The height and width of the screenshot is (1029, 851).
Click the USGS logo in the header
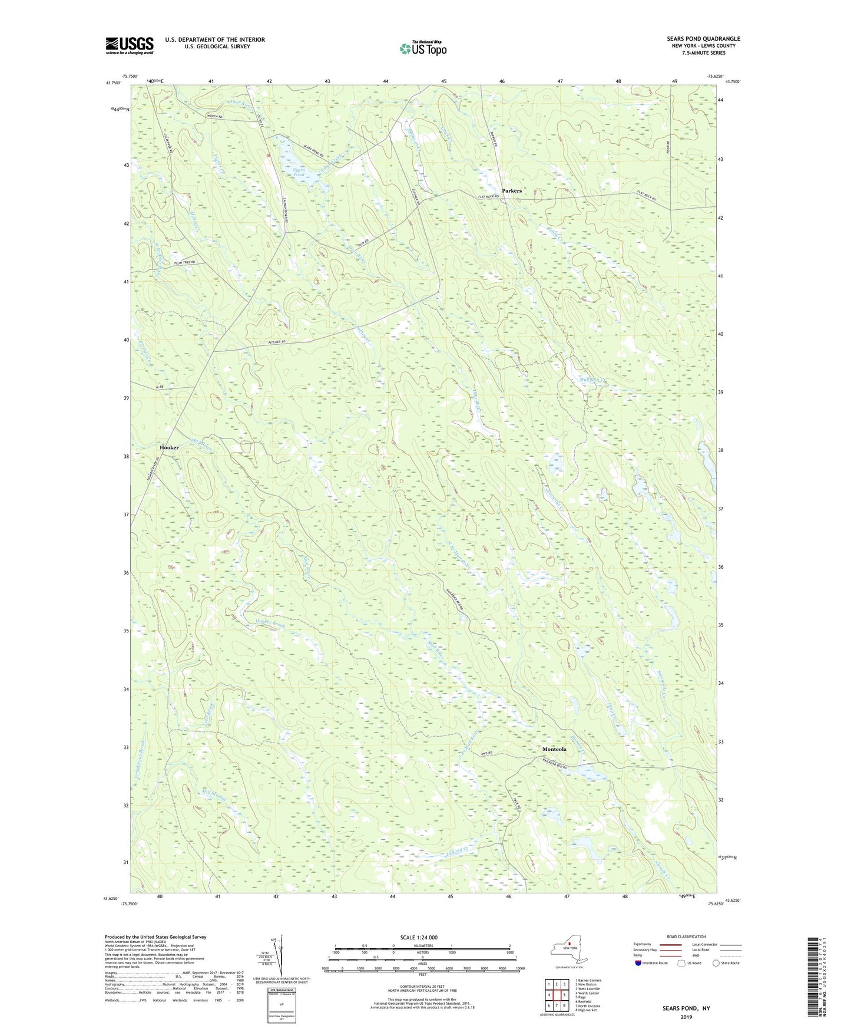point(130,45)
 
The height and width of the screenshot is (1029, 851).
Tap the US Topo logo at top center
point(422,48)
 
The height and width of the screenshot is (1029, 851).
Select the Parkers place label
point(512,191)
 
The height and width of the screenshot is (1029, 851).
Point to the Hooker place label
point(169,448)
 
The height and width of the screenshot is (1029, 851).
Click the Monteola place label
point(554,749)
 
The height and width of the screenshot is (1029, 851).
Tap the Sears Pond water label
point(300,172)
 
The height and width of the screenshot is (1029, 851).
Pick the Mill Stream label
point(213,793)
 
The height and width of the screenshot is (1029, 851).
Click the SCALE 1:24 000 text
point(419,937)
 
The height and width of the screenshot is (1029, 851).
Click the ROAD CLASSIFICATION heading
point(686,936)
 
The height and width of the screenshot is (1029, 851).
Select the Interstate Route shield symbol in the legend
point(638,963)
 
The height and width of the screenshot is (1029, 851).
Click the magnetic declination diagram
point(280,955)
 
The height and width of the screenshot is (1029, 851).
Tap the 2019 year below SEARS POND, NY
point(686,1017)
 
